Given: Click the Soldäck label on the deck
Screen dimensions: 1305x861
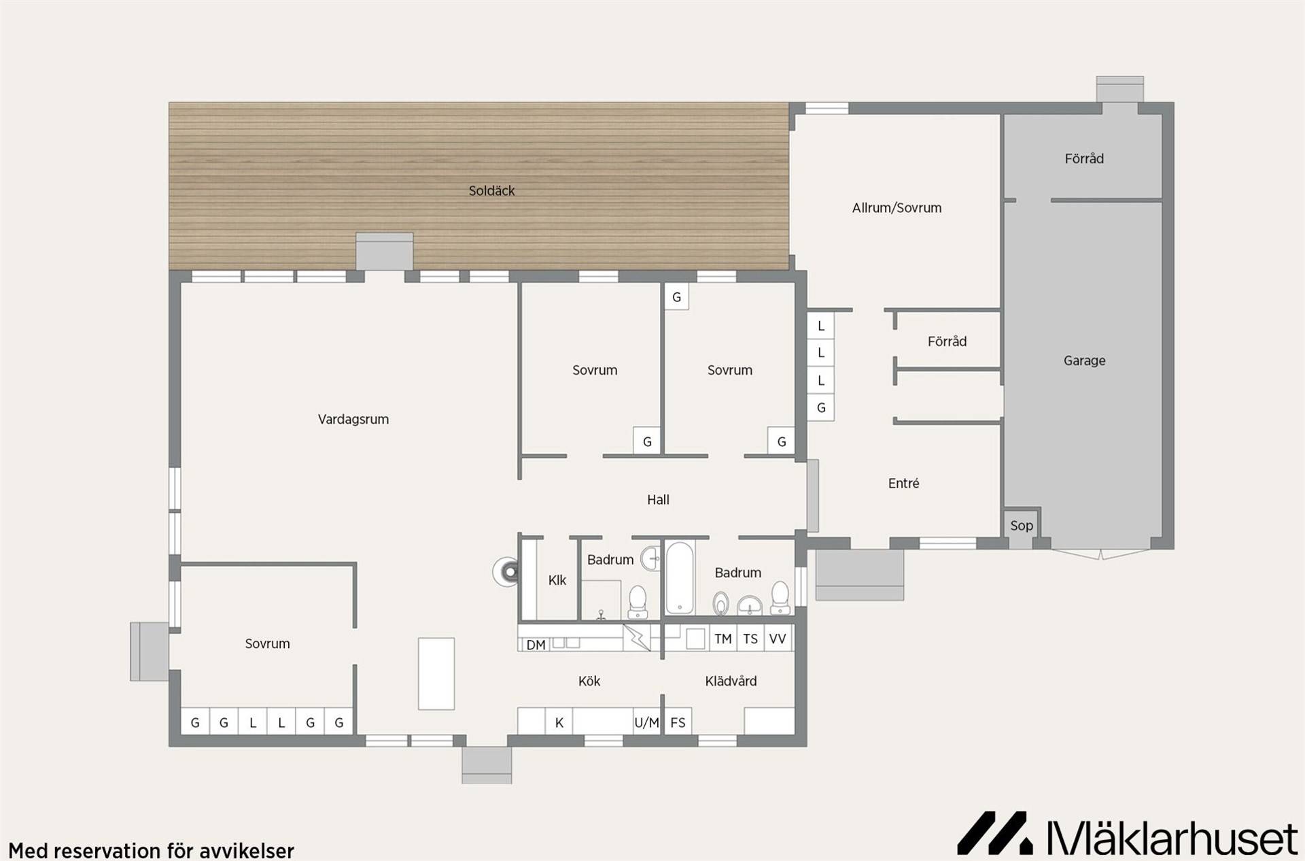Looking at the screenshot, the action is (x=491, y=191).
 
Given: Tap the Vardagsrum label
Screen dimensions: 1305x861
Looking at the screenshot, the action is (x=353, y=420).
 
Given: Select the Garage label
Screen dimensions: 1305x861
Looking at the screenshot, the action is (x=1084, y=361).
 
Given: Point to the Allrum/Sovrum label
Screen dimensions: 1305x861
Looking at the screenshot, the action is (x=897, y=208).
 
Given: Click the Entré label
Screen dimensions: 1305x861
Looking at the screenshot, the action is (x=903, y=484).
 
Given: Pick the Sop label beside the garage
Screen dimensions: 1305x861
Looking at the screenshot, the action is (x=1021, y=526).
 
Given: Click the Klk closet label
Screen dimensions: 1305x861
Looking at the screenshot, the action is (x=557, y=580).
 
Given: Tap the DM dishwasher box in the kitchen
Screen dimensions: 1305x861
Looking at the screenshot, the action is (x=536, y=644).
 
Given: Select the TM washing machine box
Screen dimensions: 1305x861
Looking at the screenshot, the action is (x=723, y=639).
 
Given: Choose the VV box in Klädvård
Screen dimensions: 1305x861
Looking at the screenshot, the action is (x=778, y=639).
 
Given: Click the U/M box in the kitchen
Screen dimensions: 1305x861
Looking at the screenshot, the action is (x=646, y=722).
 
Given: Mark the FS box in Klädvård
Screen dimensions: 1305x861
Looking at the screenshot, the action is (x=678, y=722).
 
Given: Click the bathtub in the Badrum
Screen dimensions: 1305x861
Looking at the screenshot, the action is (x=679, y=578).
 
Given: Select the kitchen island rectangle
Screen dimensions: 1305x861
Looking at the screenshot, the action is (x=436, y=674).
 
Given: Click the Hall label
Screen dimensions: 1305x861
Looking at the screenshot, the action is (x=658, y=500).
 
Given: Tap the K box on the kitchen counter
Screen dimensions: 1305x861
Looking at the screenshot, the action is (x=559, y=722).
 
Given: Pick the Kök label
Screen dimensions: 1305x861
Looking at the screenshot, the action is (x=589, y=681).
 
